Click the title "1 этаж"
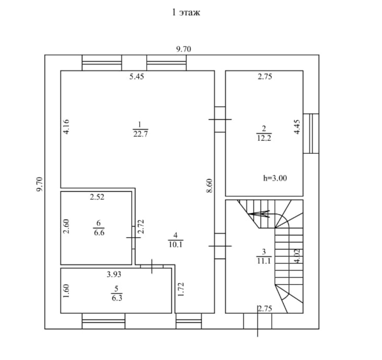186,13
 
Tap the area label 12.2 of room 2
264,138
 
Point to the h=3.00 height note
275,178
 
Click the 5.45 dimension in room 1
136,77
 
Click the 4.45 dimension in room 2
296,127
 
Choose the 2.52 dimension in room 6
97,197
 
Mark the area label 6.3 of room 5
117,297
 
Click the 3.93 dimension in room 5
114,275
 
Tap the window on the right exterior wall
311,133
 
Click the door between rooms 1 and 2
220,119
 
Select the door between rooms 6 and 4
133,238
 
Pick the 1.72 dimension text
182,289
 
